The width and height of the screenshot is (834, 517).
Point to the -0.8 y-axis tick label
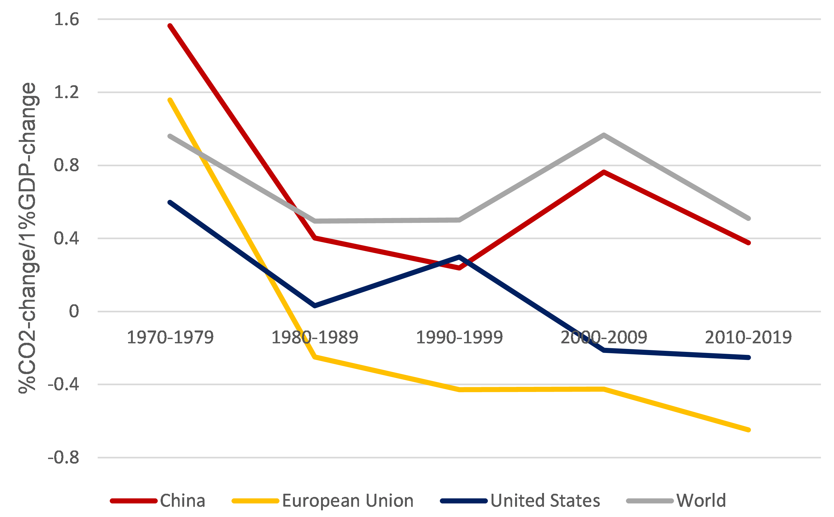point(64,457)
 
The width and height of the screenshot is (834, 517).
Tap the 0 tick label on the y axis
point(74,312)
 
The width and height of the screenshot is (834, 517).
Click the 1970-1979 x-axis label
point(170,337)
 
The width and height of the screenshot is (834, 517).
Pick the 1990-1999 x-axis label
point(459,337)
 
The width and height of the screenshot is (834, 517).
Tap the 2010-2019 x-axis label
point(748,337)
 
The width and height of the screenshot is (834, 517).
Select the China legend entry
point(158,501)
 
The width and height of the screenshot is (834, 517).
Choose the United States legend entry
point(520,501)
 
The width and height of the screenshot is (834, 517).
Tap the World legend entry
point(676,501)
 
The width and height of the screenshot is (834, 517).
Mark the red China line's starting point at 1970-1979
point(170,26)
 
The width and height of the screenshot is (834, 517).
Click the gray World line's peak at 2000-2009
point(604,135)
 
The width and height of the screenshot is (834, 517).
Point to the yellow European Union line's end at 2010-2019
point(748,430)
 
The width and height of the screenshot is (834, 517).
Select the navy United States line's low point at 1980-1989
point(315,306)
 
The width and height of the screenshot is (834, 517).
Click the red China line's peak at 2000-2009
point(604,172)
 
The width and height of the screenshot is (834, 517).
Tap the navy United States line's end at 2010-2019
point(748,357)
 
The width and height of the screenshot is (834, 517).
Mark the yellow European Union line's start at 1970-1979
point(170,100)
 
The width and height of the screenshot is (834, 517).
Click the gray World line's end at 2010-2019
point(748,218)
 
